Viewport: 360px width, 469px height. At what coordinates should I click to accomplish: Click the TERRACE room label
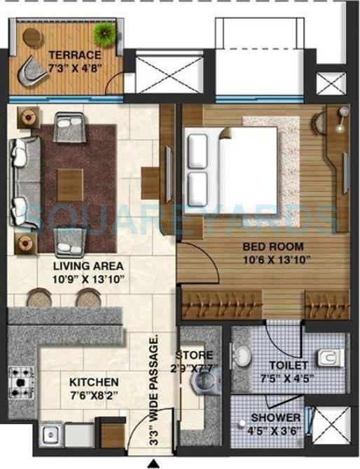coord(75,55)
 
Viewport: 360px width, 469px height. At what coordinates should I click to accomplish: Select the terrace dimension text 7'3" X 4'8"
coord(75,68)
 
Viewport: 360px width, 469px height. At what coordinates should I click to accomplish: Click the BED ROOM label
coord(273,246)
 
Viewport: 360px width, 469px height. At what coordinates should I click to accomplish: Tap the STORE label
coord(194,355)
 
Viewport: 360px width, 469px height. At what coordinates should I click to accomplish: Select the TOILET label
coord(288,365)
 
